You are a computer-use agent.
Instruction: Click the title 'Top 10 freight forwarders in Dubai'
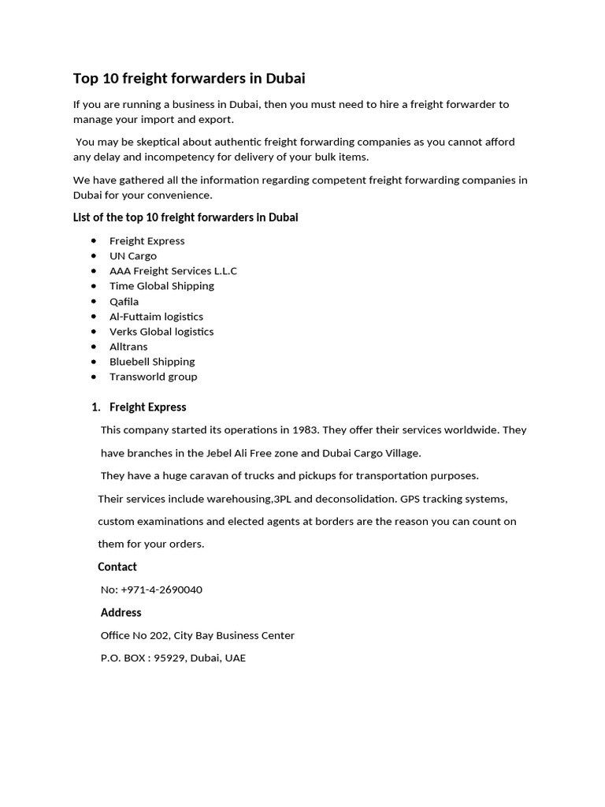189,78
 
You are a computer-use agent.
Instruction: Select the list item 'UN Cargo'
133,255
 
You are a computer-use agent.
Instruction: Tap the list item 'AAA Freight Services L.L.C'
173,270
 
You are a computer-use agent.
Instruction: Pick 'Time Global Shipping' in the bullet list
161,285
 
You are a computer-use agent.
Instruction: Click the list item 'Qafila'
124,301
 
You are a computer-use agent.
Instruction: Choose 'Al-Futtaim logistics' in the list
156,316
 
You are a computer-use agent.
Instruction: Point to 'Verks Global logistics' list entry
161,331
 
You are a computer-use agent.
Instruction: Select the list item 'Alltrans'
128,346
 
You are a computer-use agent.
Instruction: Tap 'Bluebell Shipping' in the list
152,361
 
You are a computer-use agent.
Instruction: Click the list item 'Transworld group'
154,376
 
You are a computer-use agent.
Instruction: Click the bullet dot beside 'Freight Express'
94,240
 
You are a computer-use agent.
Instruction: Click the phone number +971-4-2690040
161,589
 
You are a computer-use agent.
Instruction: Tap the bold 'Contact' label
117,567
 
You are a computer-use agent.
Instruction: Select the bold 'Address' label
121,612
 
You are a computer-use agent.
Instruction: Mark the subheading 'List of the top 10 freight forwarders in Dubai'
185,217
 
